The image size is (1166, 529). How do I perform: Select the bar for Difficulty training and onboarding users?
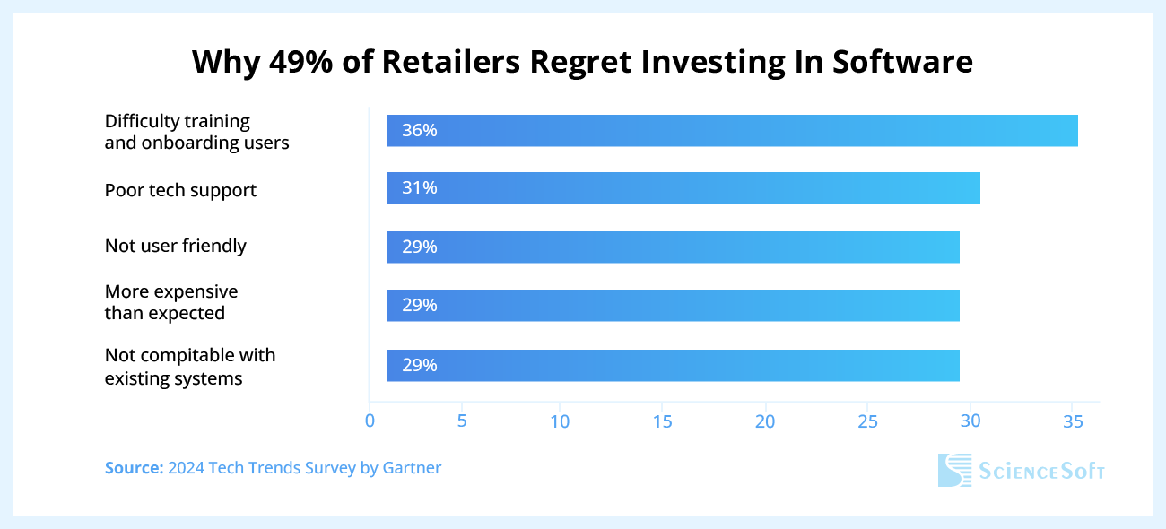click(732, 131)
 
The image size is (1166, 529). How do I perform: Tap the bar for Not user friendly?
click(673, 247)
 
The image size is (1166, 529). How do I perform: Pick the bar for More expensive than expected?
click(673, 306)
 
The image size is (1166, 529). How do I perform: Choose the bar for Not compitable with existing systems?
click(673, 365)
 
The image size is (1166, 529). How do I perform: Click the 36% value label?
click(420, 131)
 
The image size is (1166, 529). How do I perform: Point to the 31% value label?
click(420, 188)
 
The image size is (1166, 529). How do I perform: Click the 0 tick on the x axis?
click(370, 421)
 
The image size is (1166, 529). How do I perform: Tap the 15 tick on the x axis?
click(662, 421)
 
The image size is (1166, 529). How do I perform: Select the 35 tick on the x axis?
click(1071, 421)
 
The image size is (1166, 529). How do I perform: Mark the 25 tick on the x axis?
click(866, 421)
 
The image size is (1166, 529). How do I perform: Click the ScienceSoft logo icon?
click(954, 470)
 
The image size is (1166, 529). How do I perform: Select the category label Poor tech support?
click(180, 190)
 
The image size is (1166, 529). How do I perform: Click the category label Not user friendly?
click(175, 246)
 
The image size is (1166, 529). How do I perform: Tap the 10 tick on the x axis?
click(560, 421)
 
